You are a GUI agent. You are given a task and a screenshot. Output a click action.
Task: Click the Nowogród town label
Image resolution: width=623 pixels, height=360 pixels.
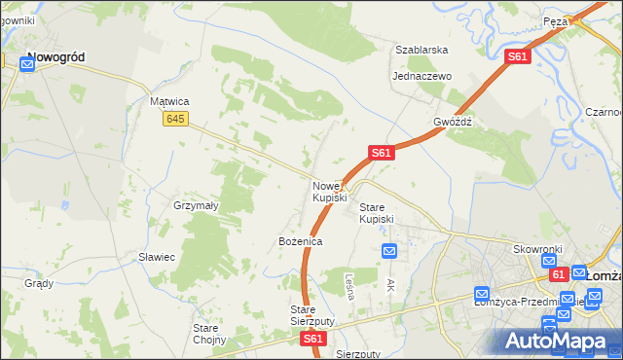(x=55, y=57)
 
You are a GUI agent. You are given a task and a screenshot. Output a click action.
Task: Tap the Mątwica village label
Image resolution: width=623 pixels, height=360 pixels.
(x=168, y=101)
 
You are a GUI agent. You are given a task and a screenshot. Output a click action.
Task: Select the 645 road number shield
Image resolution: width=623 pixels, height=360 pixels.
(x=175, y=119)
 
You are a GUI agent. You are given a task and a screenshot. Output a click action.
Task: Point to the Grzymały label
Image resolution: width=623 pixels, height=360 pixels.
(x=195, y=206)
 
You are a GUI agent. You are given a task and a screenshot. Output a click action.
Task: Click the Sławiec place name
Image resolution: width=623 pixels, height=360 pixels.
(x=156, y=257)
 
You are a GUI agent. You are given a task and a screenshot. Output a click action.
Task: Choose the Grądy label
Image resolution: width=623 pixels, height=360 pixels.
(x=39, y=283)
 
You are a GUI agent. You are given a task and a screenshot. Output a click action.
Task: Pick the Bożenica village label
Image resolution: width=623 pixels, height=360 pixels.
(x=300, y=240)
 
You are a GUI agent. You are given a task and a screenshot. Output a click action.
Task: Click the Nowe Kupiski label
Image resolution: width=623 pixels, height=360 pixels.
(x=329, y=192)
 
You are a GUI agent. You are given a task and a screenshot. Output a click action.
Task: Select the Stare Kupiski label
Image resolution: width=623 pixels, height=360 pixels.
(x=377, y=213)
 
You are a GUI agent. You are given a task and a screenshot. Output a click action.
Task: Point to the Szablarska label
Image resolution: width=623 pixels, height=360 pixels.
(x=421, y=50)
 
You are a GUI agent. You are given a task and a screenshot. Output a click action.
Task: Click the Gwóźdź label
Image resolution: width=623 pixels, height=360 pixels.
(x=453, y=123)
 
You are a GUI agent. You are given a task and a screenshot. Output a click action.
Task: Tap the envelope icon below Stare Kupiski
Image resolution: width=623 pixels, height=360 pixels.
(x=389, y=251)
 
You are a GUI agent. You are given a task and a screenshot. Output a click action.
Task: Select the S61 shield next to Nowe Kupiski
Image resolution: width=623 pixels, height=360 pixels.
(x=381, y=153)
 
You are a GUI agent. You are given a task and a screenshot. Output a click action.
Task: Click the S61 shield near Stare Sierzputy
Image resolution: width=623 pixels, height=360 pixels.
(x=312, y=339)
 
